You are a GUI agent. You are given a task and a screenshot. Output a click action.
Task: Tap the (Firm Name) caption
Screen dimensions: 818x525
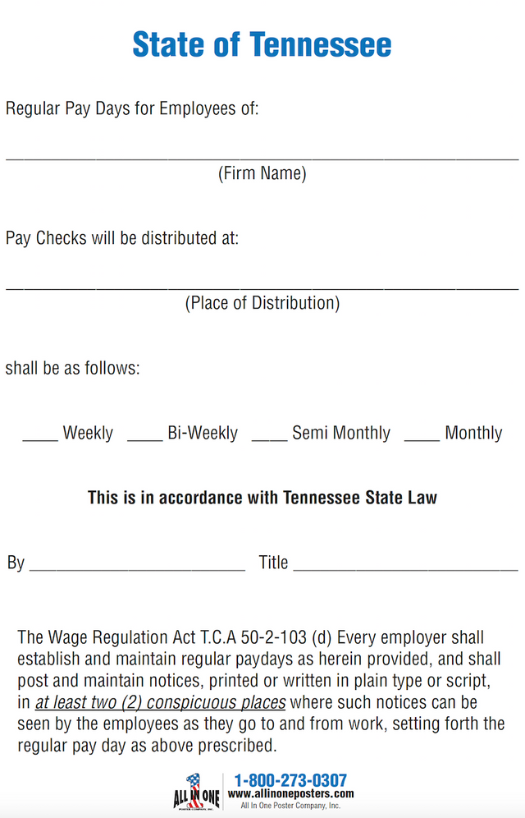pyautogui.click(x=262, y=173)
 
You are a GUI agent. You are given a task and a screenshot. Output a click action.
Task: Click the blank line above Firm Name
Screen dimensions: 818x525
pyautogui.click(x=262, y=157)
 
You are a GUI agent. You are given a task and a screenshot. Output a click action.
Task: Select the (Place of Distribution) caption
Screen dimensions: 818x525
pyautogui.click(x=262, y=303)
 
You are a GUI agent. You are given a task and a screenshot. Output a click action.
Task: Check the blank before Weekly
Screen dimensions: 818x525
pyautogui.click(x=40, y=439)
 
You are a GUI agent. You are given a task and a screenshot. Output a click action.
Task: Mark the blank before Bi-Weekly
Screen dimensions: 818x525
pyautogui.click(x=145, y=439)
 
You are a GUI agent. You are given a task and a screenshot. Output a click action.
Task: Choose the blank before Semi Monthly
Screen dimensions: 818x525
pyautogui.click(x=269, y=439)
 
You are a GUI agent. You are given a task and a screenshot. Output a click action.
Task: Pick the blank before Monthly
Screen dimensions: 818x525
pyautogui.click(x=422, y=439)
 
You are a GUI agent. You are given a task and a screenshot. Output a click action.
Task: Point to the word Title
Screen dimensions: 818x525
pyautogui.click(x=273, y=563)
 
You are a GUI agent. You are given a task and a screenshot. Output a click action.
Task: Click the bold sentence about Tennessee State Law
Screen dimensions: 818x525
pyautogui.click(x=262, y=498)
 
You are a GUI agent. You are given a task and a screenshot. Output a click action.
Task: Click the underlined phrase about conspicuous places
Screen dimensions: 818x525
pyautogui.click(x=161, y=703)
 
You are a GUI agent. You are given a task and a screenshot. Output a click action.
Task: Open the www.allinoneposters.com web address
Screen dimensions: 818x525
pyautogui.click(x=290, y=794)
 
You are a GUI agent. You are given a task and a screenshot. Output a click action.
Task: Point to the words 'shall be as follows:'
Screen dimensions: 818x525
pyautogui.click(x=73, y=368)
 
